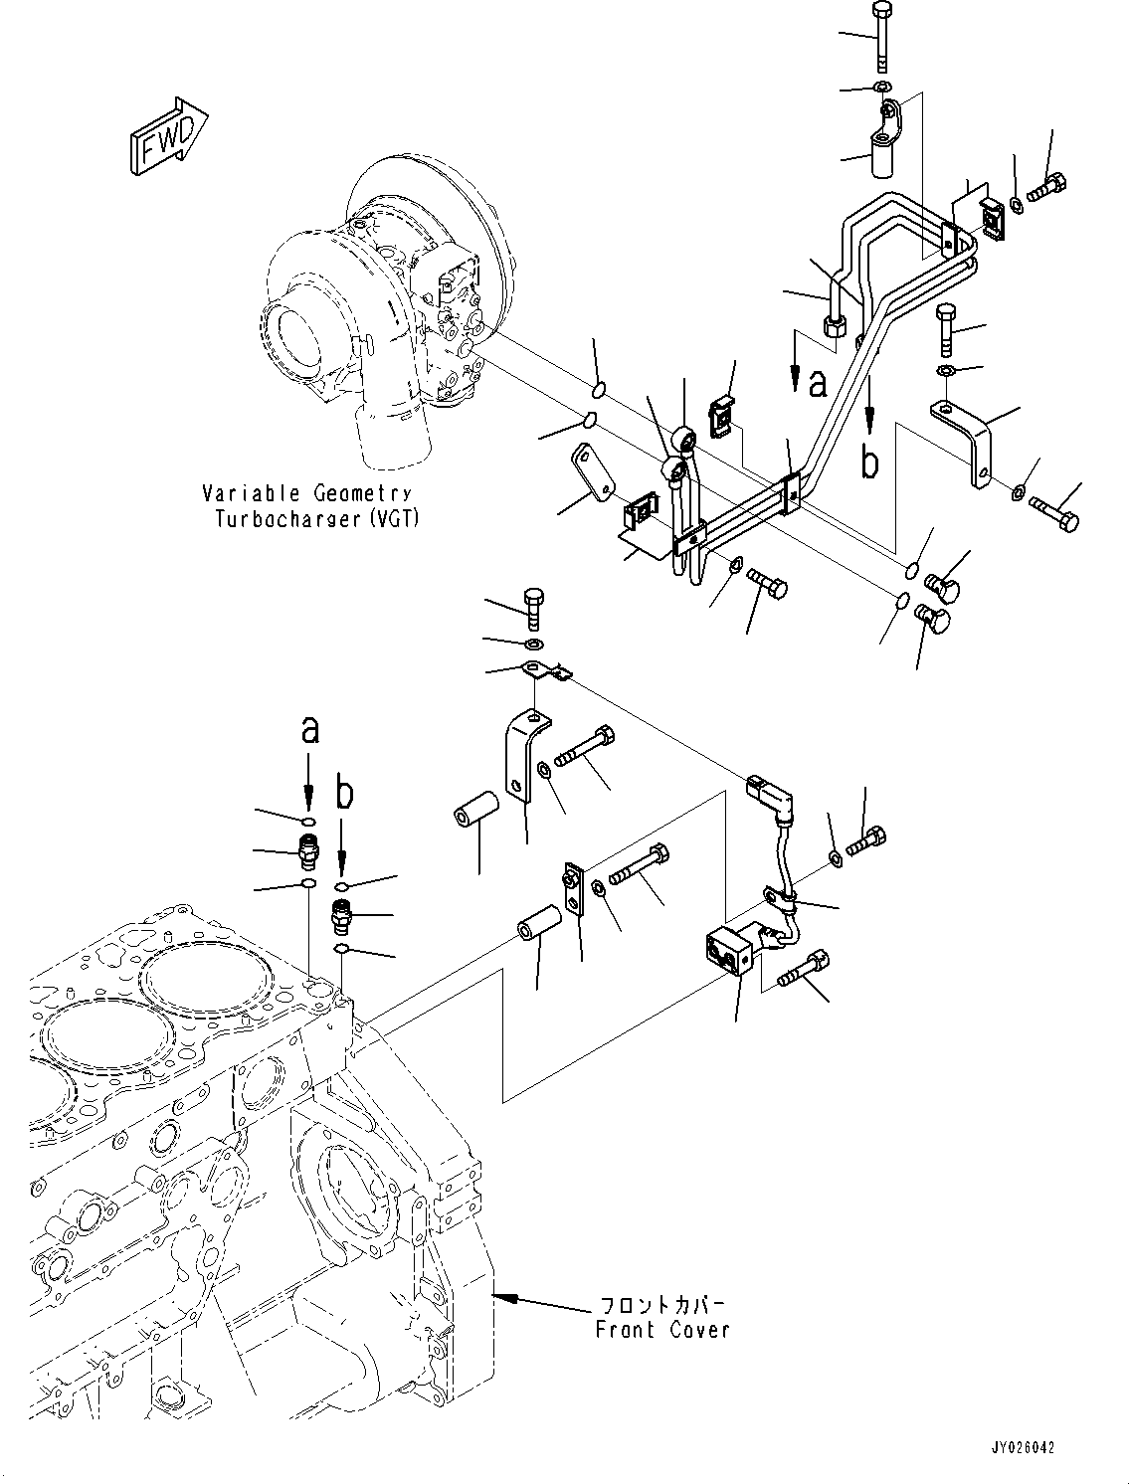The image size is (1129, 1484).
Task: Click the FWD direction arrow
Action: pyautogui.click(x=168, y=137)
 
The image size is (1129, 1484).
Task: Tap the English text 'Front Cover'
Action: pyautogui.click(x=661, y=1329)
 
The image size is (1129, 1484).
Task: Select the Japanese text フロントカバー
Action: pyautogui.click(x=661, y=1304)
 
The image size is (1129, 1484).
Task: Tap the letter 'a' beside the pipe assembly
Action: pyautogui.click(x=818, y=384)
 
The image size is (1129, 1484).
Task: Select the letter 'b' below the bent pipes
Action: pyautogui.click(x=870, y=464)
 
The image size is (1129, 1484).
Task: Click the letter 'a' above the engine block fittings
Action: pyautogui.click(x=309, y=731)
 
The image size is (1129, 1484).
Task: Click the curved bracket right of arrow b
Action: pyautogui.click(x=968, y=438)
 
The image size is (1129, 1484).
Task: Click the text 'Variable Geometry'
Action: pyautogui.click(x=305, y=494)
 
